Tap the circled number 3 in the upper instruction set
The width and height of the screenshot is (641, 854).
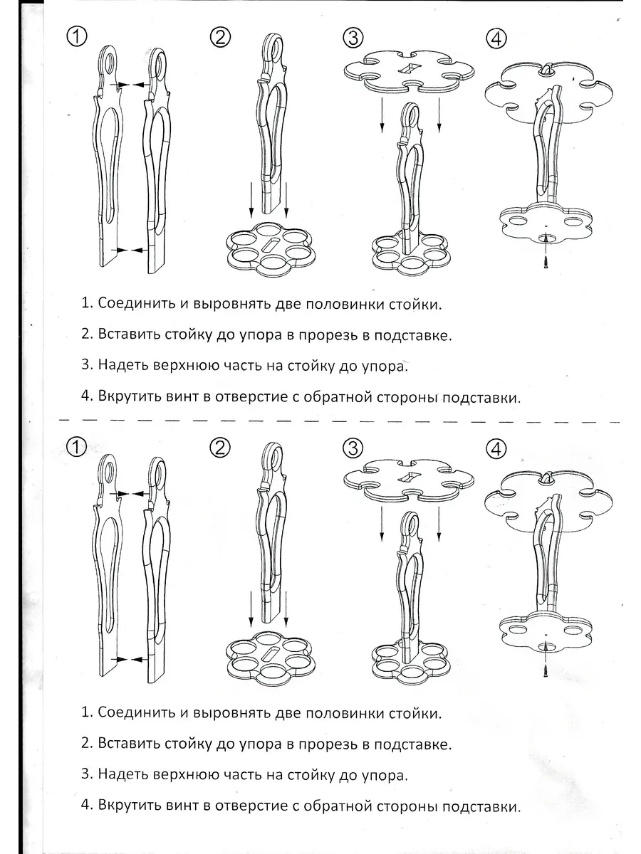point(353,37)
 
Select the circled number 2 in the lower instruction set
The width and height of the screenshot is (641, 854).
point(221,447)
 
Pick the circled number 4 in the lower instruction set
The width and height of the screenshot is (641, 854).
point(496,449)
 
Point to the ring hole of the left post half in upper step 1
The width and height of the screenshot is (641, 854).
point(108,63)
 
